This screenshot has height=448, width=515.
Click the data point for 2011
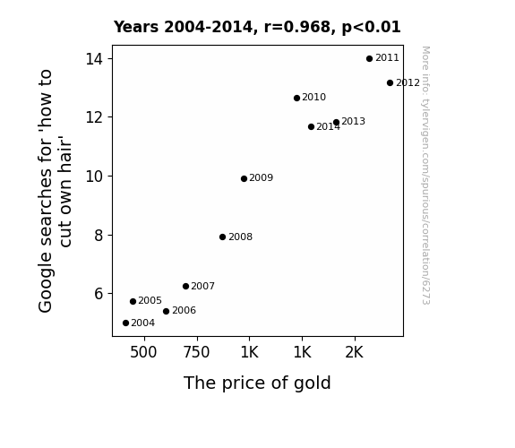[x=369, y=58]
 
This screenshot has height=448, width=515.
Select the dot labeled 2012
[x=390, y=82]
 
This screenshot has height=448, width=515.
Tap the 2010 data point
[x=296, y=98]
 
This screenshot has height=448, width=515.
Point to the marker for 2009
[x=244, y=178]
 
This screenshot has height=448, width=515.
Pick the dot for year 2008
[x=222, y=237]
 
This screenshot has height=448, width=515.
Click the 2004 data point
[x=125, y=323]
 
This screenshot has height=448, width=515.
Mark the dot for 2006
[x=166, y=311]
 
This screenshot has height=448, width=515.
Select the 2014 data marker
[x=311, y=126]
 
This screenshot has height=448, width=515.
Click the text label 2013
[x=353, y=121]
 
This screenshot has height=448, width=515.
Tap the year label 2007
[x=202, y=286]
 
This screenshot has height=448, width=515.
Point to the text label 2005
[x=150, y=300]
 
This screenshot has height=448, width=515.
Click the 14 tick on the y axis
[x=94, y=59]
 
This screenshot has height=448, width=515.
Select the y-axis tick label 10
[x=94, y=177]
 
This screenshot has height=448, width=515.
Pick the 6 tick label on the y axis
[x=99, y=294]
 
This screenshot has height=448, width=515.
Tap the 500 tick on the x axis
[x=143, y=352]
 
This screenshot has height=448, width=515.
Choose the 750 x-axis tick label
[x=196, y=352]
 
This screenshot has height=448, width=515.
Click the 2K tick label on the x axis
[x=354, y=352]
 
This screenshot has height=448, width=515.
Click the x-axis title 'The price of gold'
[x=257, y=383]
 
